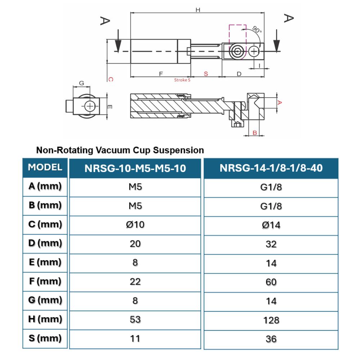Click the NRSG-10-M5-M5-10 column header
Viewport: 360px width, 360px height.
pos(135,168)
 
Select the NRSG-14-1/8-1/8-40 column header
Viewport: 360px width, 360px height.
pos(271,168)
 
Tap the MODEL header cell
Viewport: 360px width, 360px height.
pos(45,167)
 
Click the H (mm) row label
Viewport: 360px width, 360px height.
pos(45,319)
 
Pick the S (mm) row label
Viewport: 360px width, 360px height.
pos(45,338)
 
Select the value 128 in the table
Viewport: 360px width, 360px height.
pos(271,320)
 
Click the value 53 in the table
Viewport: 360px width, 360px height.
pos(135,320)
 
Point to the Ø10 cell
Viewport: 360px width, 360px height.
pos(135,225)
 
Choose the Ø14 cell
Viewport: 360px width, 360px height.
pos(271,225)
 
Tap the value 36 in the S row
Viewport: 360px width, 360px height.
pos(271,339)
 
